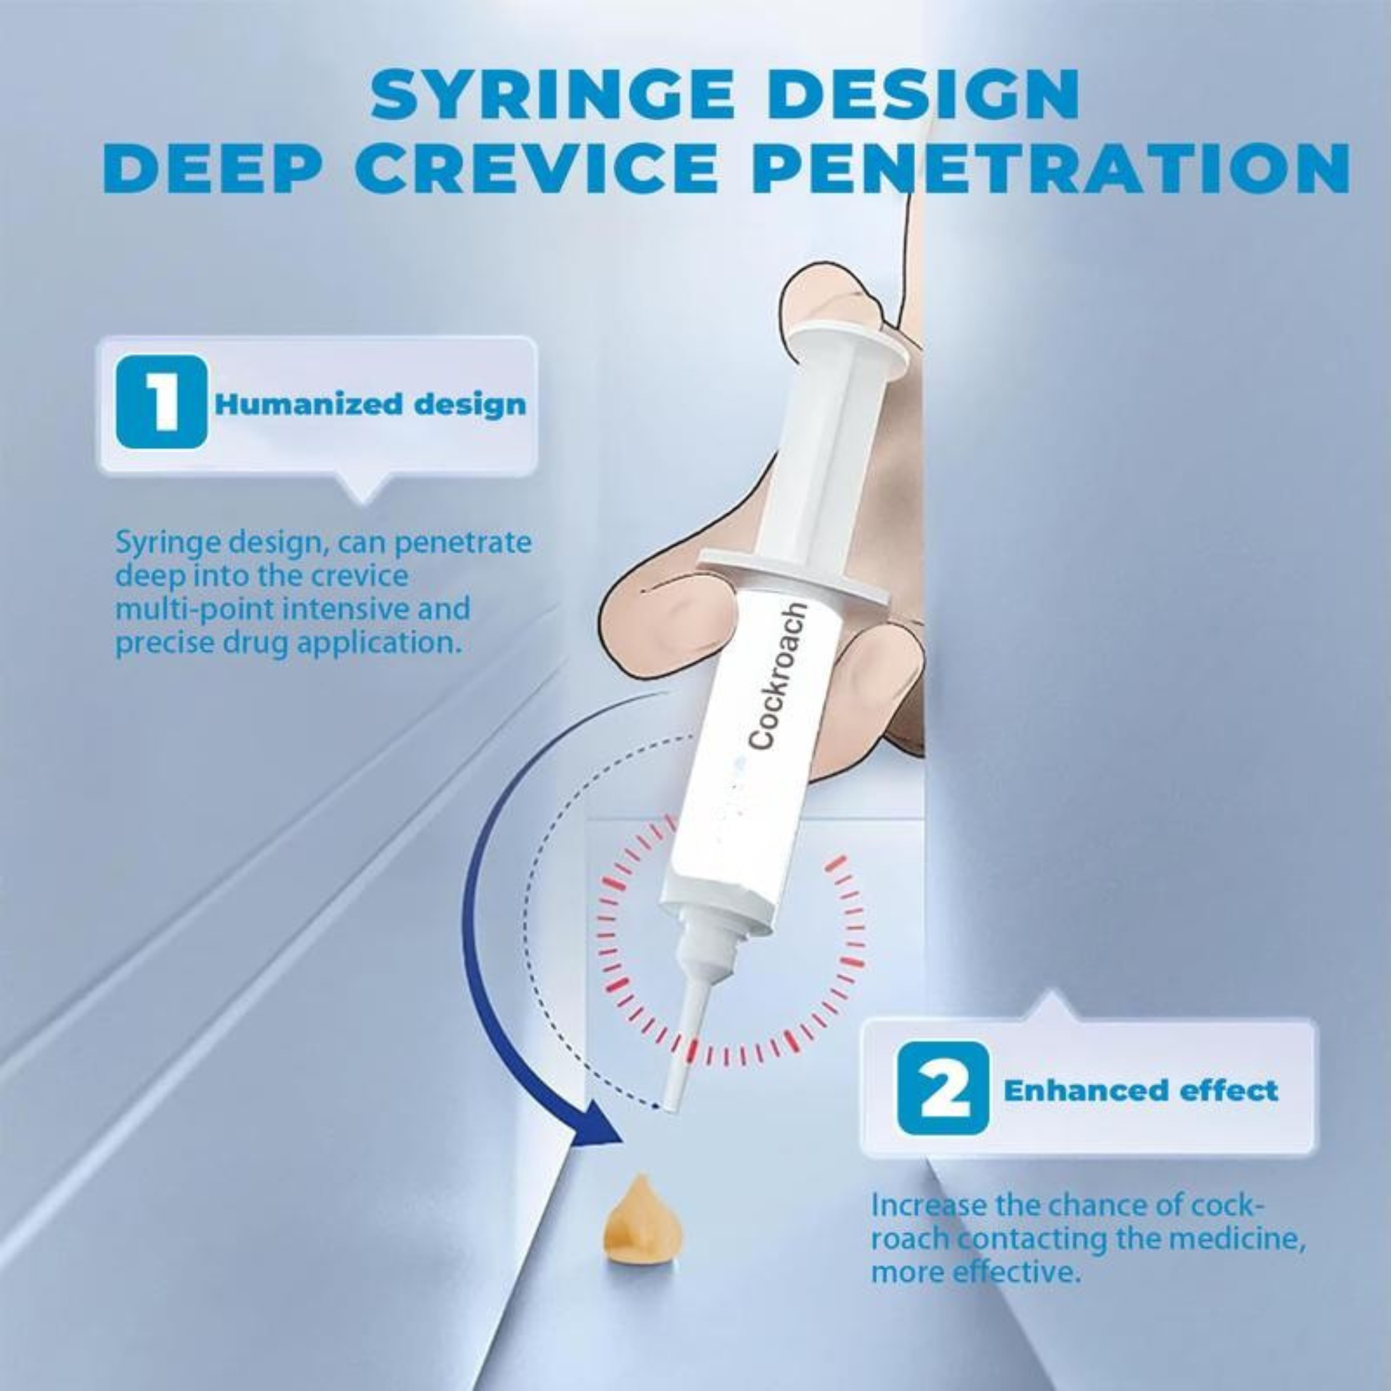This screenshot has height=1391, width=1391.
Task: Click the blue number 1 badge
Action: tap(162, 402)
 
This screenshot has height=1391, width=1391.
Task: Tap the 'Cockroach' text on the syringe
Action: tap(779, 680)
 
